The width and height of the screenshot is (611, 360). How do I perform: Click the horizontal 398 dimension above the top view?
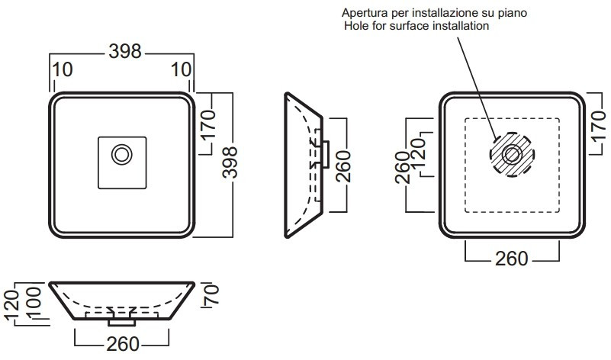[125, 52]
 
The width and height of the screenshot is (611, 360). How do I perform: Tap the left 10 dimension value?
[64, 69]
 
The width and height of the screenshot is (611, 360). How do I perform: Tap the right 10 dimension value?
[181, 69]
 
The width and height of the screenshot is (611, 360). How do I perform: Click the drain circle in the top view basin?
[121, 155]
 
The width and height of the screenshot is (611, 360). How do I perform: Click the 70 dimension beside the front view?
[210, 291]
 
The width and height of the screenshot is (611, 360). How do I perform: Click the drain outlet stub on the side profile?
[324, 154]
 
